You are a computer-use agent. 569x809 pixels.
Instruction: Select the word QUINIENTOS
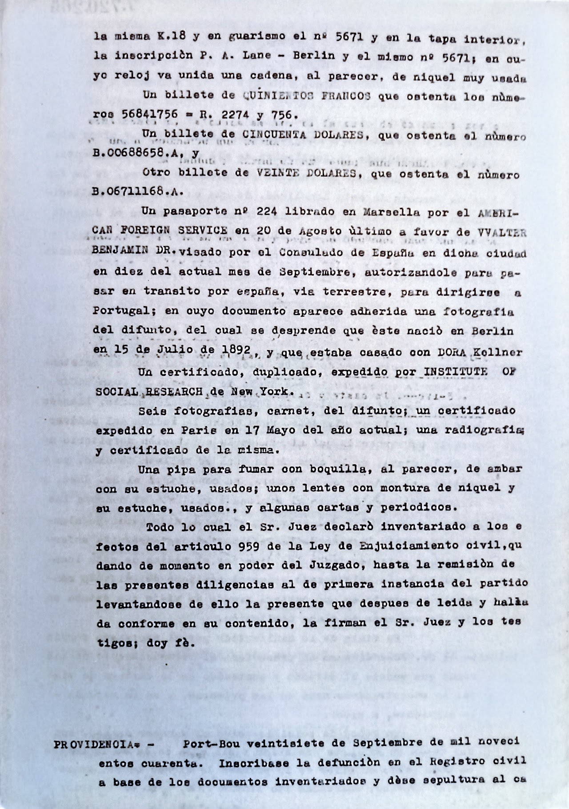[270, 95]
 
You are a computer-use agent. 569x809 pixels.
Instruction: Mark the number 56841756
[150, 114]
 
